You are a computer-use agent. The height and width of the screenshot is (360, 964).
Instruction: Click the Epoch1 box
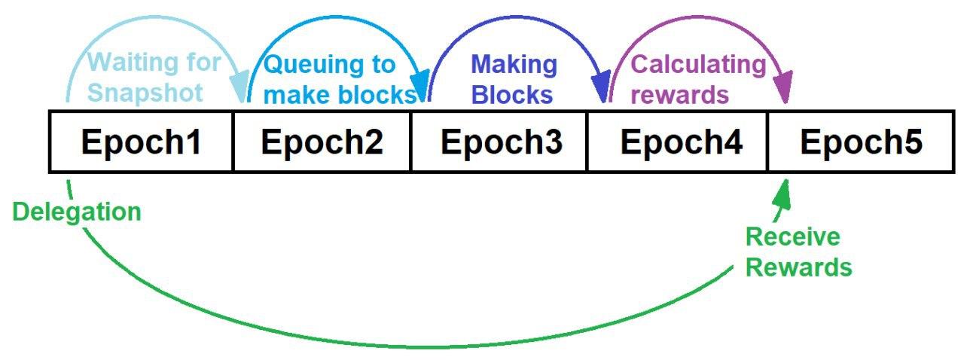(142, 142)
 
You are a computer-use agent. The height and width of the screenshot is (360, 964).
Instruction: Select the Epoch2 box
(322, 142)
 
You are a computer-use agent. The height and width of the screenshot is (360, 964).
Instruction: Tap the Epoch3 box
(500, 142)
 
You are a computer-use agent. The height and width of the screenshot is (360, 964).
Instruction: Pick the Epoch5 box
(861, 142)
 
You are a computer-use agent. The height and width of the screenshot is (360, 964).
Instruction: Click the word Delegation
(77, 212)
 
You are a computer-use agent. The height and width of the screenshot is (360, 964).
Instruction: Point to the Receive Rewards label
(798, 252)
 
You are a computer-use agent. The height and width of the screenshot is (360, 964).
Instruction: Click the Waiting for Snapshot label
(147, 78)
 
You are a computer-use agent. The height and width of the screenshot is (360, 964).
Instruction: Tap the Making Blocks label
(514, 80)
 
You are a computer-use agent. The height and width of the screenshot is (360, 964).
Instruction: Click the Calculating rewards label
(697, 80)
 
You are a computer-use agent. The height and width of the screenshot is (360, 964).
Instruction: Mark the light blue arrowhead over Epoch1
(241, 90)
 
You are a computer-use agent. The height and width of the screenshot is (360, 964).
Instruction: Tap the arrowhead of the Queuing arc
(422, 89)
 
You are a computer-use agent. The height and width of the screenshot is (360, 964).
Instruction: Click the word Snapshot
(146, 93)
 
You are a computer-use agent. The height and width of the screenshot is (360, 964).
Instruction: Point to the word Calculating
(697, 64)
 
